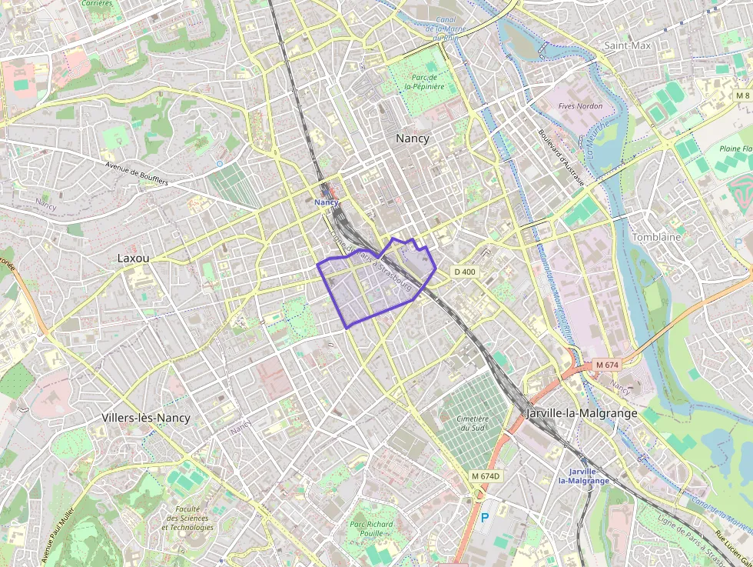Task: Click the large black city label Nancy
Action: [x=412, y=138]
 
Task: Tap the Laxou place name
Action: [x=133, y=258]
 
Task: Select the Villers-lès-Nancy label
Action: [x=145, y=418]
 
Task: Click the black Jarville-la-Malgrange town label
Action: [x=582, y=413]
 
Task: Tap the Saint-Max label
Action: [x=627, y=45]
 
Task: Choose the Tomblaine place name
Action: [x=655, y=237]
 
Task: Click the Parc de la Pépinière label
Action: [x=425, y=82]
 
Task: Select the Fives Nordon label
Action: [x=580, y=106]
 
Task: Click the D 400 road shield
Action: [x=464, y=272]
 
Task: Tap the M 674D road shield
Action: [x=485, y=476]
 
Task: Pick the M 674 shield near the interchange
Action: [x=606, y=364]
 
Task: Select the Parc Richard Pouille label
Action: [x=371, y=528]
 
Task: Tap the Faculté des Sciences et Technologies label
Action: [x=188, y=518]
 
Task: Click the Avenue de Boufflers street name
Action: [x=136, y=173]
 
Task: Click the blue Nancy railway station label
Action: [x=327, y=202]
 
